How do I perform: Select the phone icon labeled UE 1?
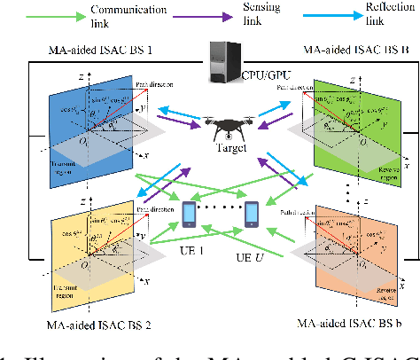click(x=189, y=215)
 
